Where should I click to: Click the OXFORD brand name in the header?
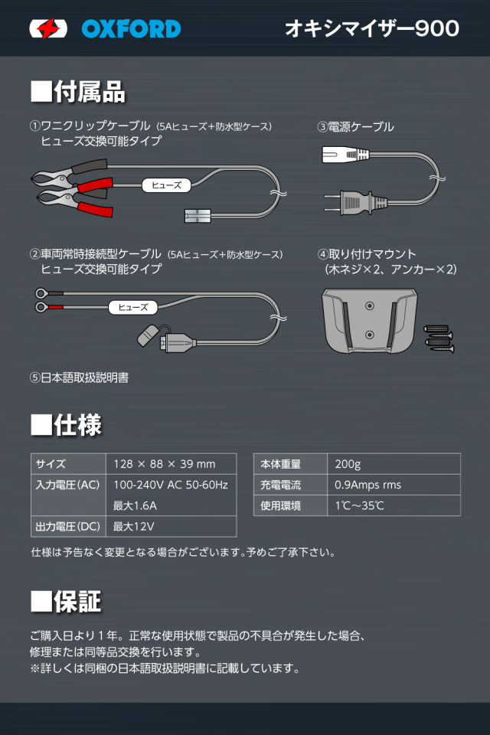131,29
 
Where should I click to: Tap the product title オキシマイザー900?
372,28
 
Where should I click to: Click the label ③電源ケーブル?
355,127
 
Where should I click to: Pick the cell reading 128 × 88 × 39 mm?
165,464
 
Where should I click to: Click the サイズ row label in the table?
51,464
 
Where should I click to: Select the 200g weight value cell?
348,464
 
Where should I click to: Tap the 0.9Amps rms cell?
368,485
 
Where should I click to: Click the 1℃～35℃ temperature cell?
360,505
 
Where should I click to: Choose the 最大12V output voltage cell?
134,526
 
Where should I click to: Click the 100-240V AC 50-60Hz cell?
171,485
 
